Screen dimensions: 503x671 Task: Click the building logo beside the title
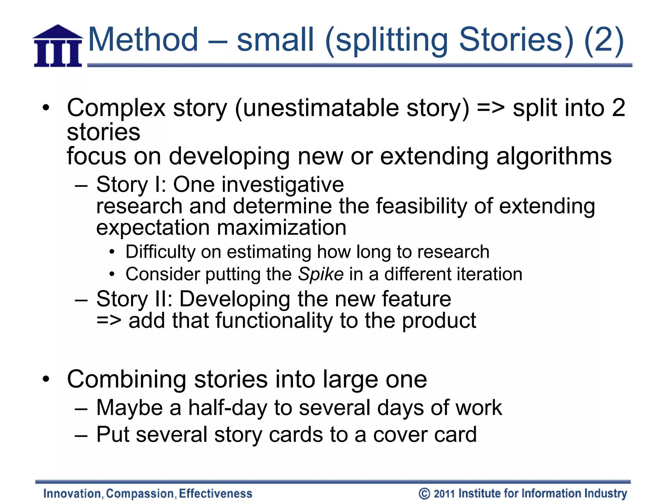point(58,46)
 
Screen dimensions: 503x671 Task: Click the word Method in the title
point(144,40)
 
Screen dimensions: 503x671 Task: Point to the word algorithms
point(554,156)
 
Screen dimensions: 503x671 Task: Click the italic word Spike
point(321,274)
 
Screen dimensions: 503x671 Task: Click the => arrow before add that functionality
point(109,321)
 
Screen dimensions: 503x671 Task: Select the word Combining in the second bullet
point(127,380)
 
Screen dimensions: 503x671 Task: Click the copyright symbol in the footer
point(424,494)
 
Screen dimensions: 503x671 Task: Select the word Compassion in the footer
point(141,494)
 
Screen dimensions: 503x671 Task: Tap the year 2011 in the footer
point(445,494)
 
